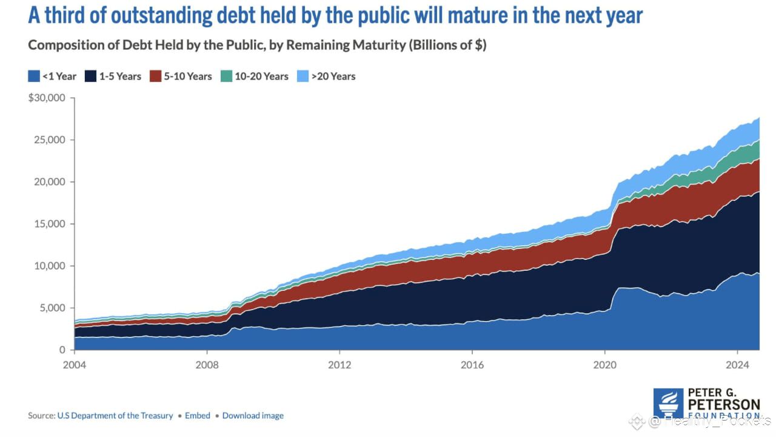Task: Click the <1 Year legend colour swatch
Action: click(33, 76)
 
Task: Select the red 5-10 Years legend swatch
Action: click(156, 76)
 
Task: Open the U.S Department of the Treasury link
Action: click(115, 416)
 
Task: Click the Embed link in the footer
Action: click(198, 416)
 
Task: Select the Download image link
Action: click(253, 416)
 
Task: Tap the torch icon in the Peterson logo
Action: click(668, 402)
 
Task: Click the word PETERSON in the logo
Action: click(723, 404)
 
